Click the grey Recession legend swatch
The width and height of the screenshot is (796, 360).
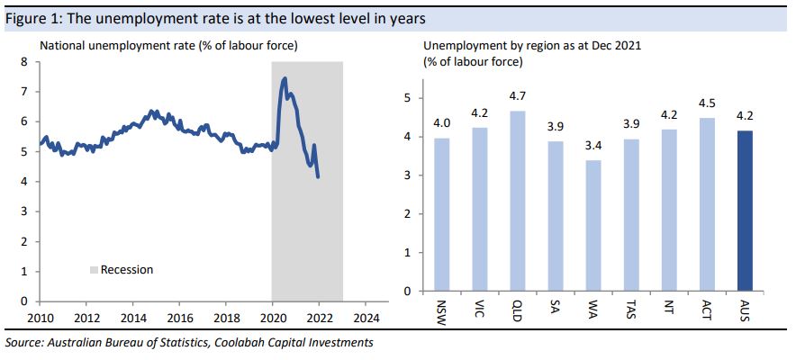coord(93,269)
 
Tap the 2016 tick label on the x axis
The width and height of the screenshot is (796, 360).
coord(180,318)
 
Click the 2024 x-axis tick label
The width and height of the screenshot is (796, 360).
coord(367,318)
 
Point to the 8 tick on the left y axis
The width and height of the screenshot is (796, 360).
coord(25,62)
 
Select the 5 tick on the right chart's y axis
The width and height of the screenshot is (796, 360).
coord(406,98)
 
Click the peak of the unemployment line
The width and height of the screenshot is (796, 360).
coord(285,78)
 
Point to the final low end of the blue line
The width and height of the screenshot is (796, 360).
coord(318,176)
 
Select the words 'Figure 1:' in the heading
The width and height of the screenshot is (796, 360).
coord(32,18)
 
